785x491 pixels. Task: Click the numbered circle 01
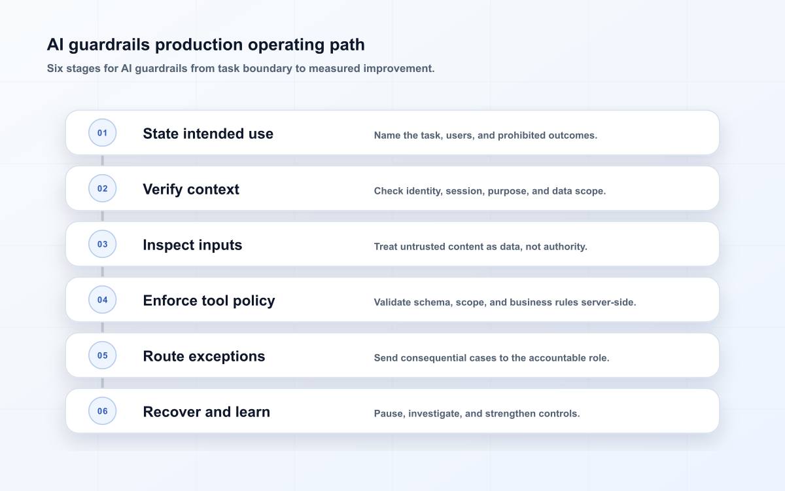102,132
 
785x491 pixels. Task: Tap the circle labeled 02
102,189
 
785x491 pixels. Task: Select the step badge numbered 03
102,244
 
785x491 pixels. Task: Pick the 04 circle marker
102,300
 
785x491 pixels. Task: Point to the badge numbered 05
102,355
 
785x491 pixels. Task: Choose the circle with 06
102,410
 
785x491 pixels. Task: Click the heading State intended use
208,134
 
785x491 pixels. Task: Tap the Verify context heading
191,189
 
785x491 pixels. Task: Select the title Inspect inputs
192,245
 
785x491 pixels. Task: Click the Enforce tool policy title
209,301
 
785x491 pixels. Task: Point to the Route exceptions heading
204,356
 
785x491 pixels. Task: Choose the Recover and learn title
207,412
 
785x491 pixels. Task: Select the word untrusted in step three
423,247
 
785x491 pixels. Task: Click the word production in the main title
199,45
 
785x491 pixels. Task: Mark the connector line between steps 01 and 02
102,160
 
